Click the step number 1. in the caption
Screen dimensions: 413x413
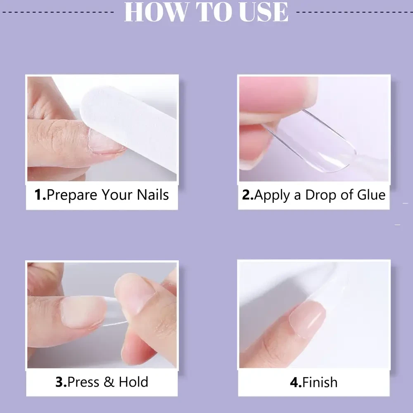40,195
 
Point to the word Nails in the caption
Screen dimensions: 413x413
153,195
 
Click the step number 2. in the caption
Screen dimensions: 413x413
248,195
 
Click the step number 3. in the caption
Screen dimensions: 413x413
61,382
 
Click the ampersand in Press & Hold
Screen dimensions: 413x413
109,382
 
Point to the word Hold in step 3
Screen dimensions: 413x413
133,382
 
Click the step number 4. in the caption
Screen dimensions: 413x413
296,382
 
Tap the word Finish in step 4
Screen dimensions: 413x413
320,382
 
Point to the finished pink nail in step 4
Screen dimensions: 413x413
307,319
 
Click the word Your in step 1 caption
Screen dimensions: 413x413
117,195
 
